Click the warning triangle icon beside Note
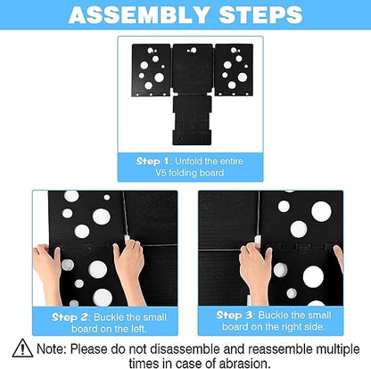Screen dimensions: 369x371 pos(23,348)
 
